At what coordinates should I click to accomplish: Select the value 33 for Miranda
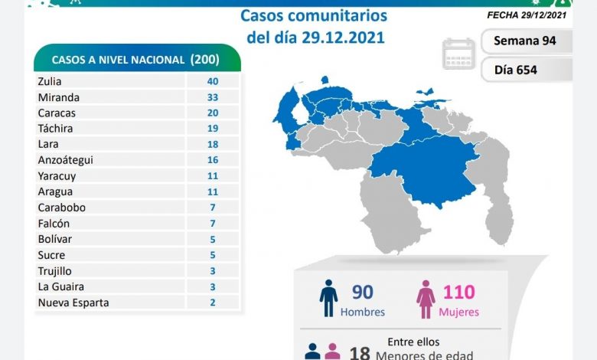213,97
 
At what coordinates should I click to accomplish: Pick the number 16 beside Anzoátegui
213,159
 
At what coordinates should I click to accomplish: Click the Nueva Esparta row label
73,303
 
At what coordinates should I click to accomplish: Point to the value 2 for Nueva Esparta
213,303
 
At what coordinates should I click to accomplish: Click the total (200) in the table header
205,60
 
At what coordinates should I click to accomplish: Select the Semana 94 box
526,41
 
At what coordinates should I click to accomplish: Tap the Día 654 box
526,70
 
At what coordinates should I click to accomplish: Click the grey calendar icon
458,54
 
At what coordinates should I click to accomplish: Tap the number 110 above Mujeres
458,292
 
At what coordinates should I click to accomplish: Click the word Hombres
364,313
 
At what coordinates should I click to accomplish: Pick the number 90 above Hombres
363,292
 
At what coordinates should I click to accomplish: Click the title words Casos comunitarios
314,15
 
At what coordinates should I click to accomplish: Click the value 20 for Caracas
213,112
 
